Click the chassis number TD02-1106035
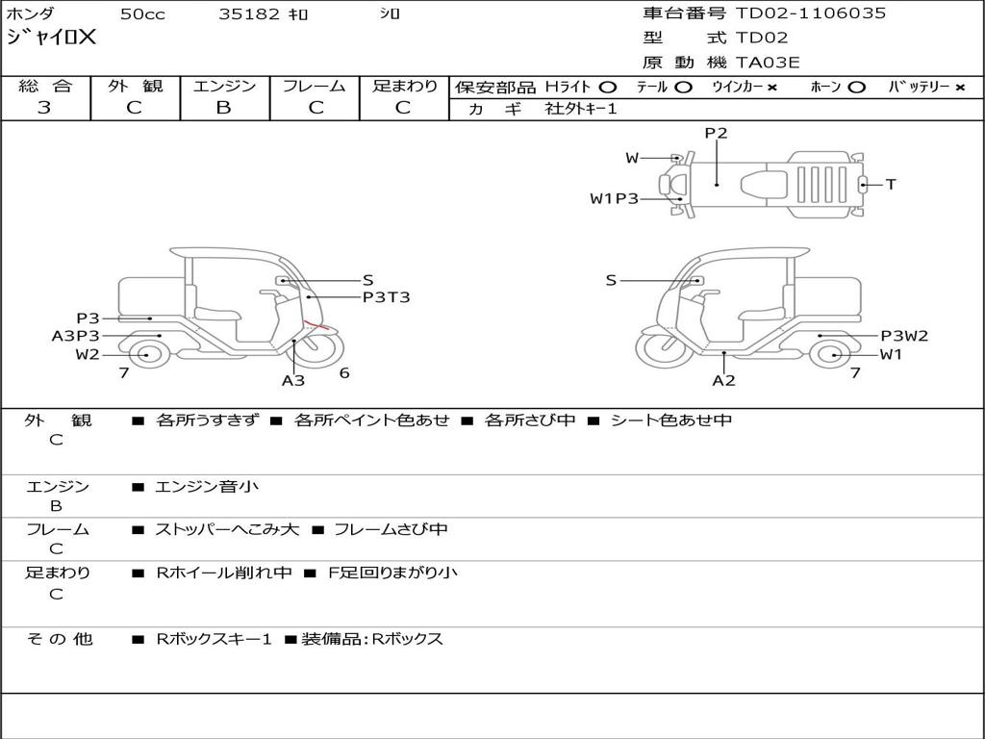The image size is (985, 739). (811, 13)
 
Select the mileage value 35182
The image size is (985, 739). (249, 14)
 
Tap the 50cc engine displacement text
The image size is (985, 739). (141, 14)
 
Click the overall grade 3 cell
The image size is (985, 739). (44, 108)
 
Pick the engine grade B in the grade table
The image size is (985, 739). (223, 108)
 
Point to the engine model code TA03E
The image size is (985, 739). (768, 64)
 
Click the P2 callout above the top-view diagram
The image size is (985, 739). (716, 134)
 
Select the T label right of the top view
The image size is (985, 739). (891, 184)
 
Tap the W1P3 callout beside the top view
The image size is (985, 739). (614, 199)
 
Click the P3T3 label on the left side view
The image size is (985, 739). (386, 297)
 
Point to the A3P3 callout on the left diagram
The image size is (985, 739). (75, 336)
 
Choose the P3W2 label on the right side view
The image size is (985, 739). (904, 336)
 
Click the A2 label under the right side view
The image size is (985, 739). (723, 380)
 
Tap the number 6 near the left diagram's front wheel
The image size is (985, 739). (344, 373)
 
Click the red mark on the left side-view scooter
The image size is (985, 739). (316, 325)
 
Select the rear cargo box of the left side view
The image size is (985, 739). (150, 297)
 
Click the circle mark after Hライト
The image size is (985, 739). (607, 88)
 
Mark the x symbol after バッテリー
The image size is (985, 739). (959, 88)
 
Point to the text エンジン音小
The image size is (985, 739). (207, 487)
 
